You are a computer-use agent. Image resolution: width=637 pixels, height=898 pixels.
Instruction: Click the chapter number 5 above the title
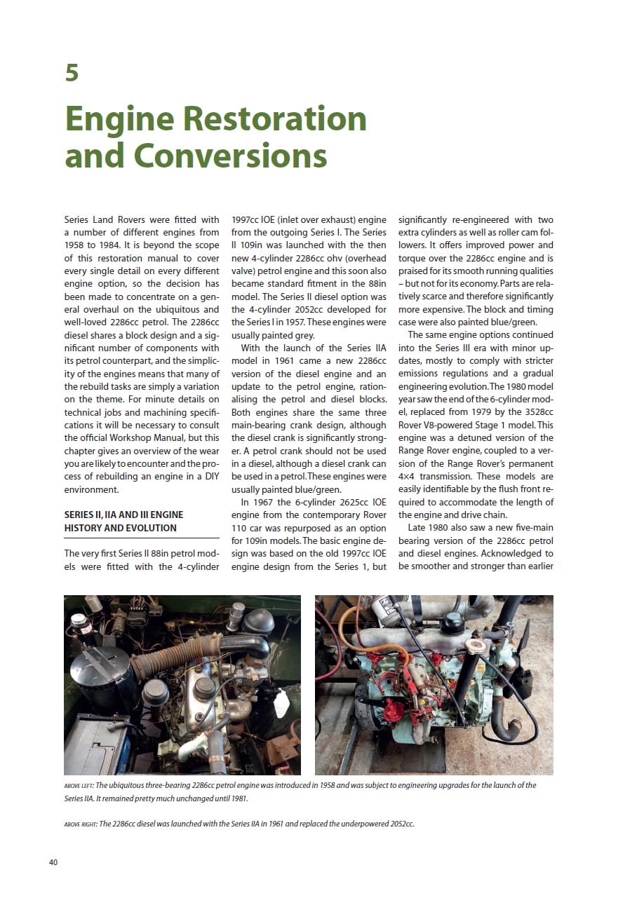pos(72,73)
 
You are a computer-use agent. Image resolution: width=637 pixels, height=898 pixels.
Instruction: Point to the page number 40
pos(53,862)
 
